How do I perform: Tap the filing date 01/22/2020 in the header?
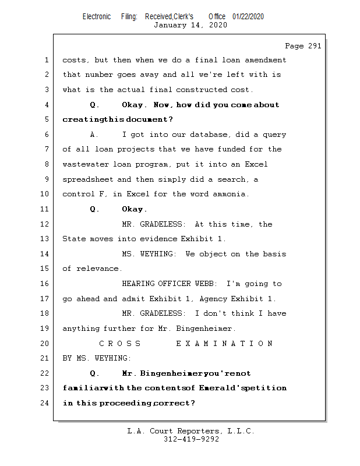pos(248,16)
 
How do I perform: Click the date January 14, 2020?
pos(190,25)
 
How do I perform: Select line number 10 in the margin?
pos(46,194)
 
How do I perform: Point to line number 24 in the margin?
pos(46,403)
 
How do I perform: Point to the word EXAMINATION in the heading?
pos(224,343)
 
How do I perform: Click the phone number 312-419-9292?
pos(191,440)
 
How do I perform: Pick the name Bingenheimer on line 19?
pos(204,329)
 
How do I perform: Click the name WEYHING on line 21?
pos(110,358)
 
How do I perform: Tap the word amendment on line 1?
pos(262,60)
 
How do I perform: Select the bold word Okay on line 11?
pos(133,209)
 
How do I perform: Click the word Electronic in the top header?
pos(97,16)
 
